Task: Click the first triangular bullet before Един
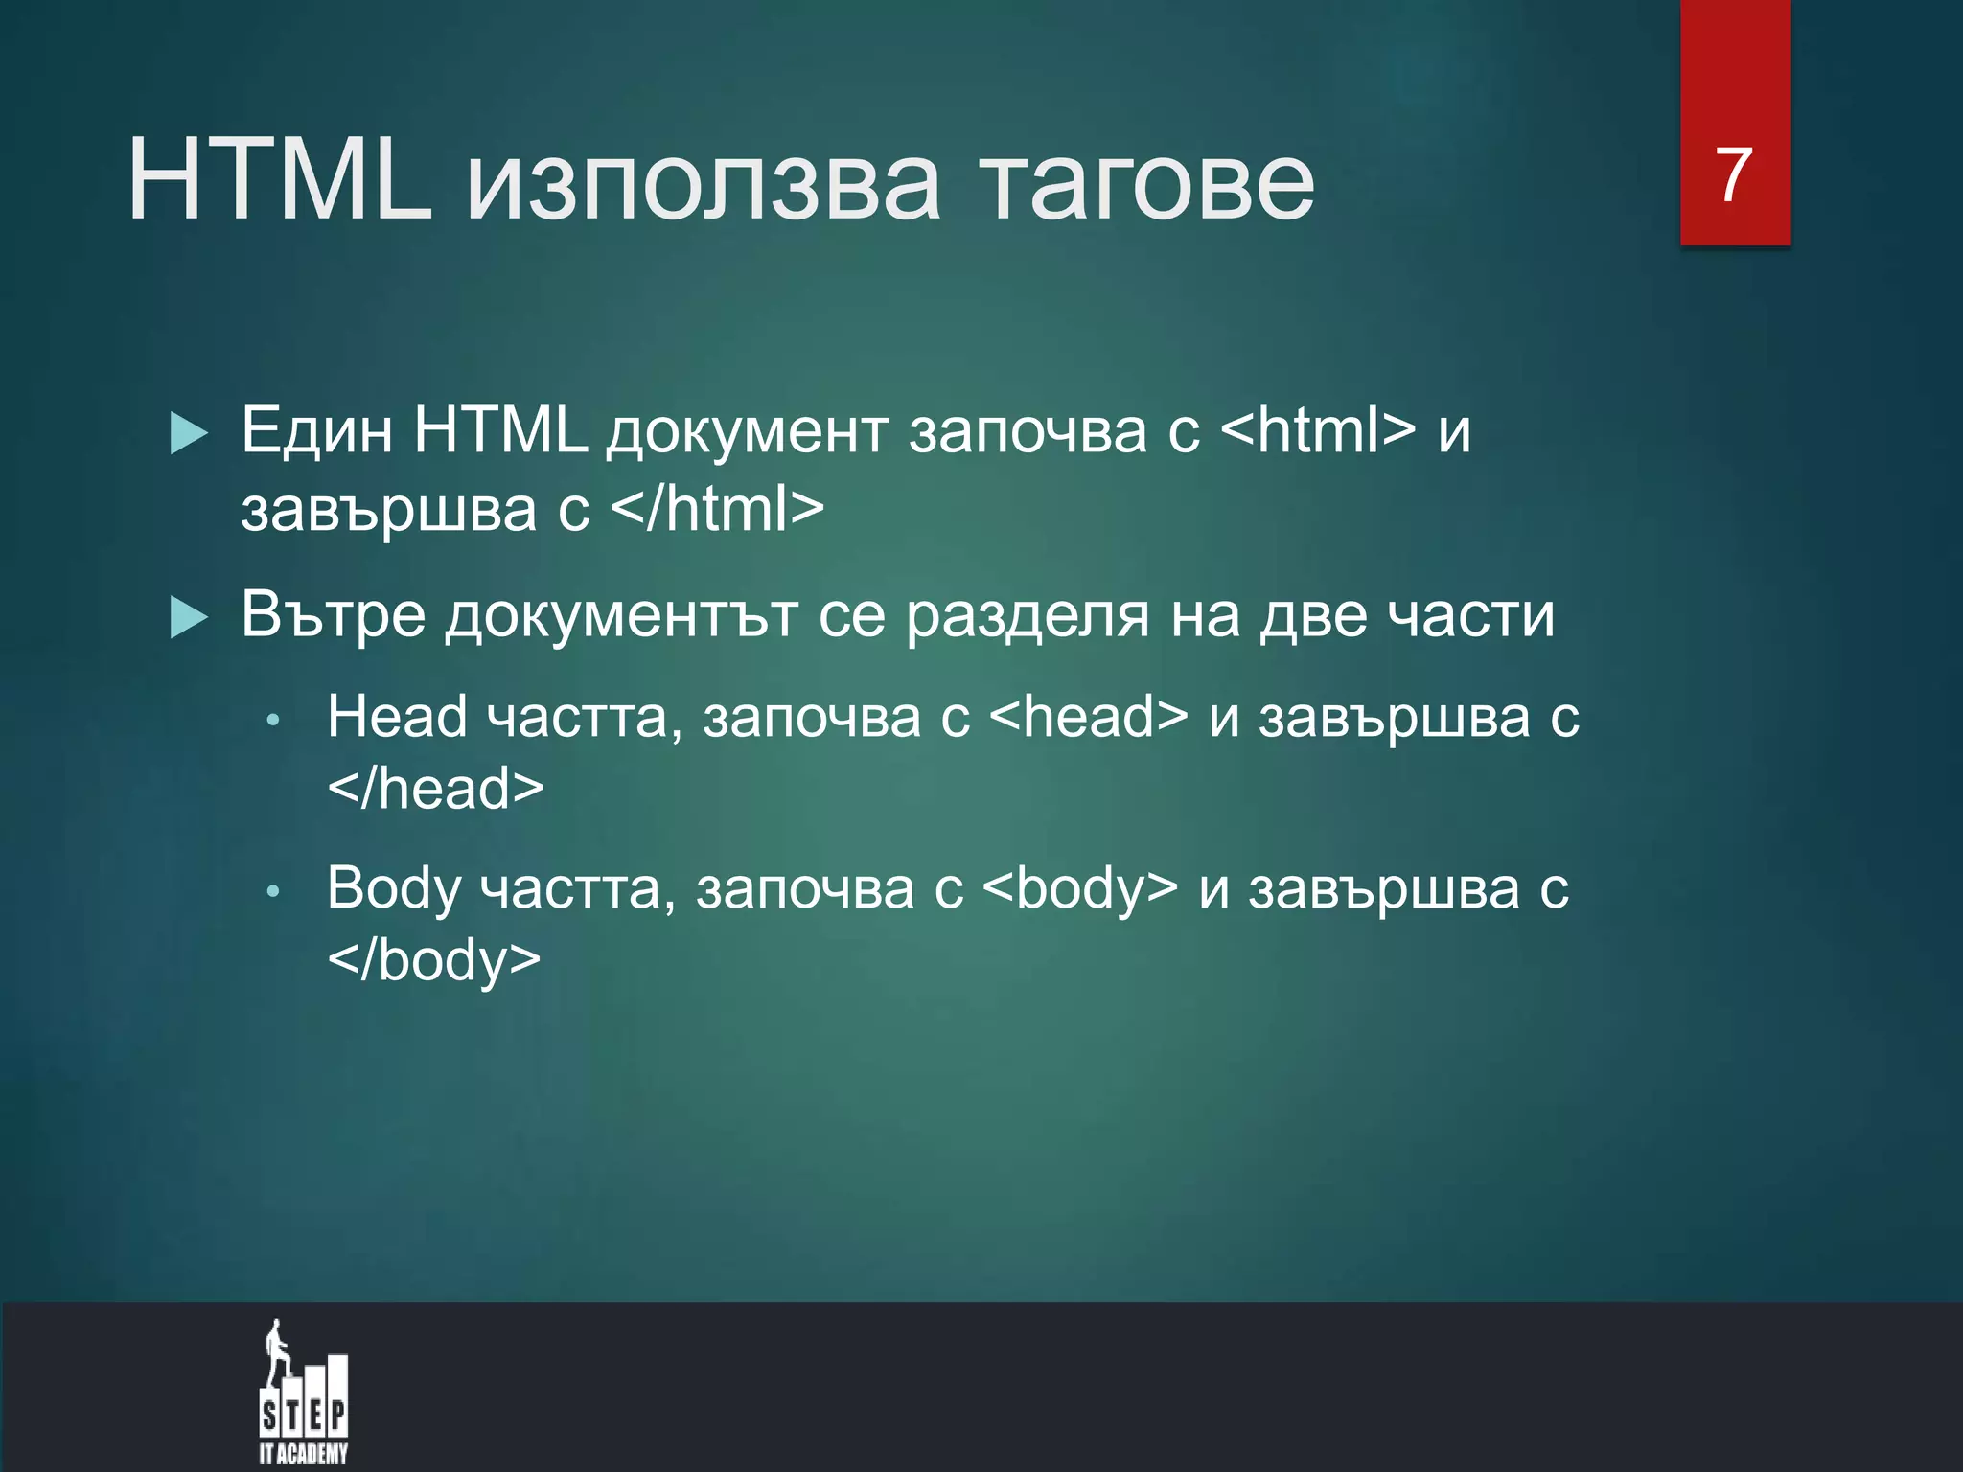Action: point(189,433)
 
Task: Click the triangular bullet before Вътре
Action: point(189,616)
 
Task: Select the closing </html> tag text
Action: point(717,509)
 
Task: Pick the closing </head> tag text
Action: point(435,789)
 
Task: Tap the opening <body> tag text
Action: point(1080,888)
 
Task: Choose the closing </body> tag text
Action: point(433,959)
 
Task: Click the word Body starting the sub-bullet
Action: point(394,890)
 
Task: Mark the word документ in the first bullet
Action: point(747,432)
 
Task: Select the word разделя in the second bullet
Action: point(1027,615)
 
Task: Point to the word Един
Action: point(316,430)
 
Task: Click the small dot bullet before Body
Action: point(273,892)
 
